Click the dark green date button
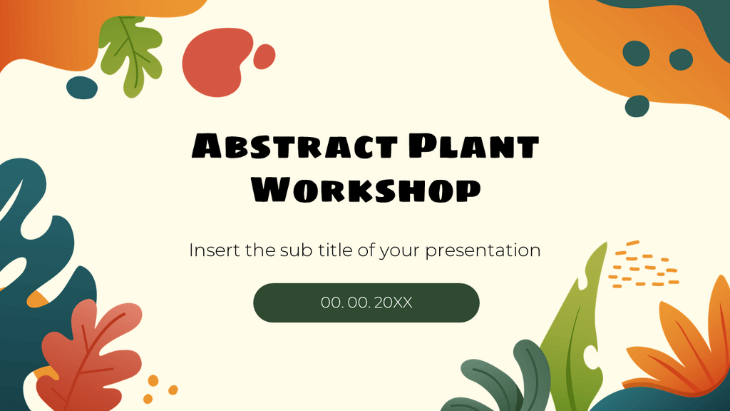366,303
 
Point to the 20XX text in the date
393,303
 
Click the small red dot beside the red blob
264,56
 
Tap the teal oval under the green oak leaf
82,88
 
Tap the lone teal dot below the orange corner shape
637,106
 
